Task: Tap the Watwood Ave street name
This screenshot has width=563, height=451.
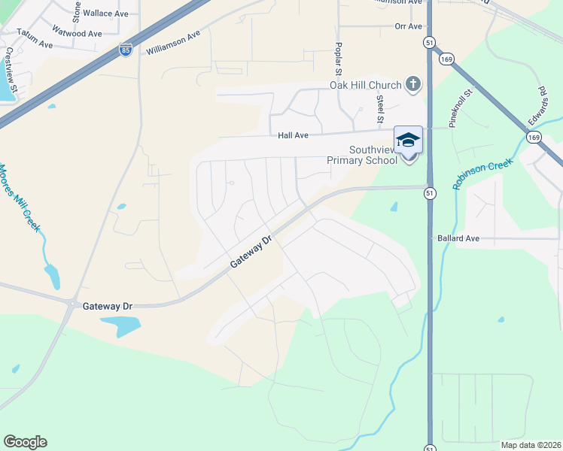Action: pos(77,34)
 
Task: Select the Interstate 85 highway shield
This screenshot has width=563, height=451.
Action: pos(125,50)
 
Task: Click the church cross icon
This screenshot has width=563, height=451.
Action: pos(413,84)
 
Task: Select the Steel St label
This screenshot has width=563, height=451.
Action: pos(380,109)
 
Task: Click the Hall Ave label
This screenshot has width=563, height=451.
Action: pos(294,135)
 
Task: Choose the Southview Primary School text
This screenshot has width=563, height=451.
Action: pos(362,155)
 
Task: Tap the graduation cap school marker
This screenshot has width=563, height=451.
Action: pos(408,141)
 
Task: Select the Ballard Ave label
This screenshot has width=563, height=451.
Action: pos(458,238)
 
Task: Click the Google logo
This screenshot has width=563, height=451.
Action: pos(25,442)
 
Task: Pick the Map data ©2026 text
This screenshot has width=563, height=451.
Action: pos(530,445)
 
